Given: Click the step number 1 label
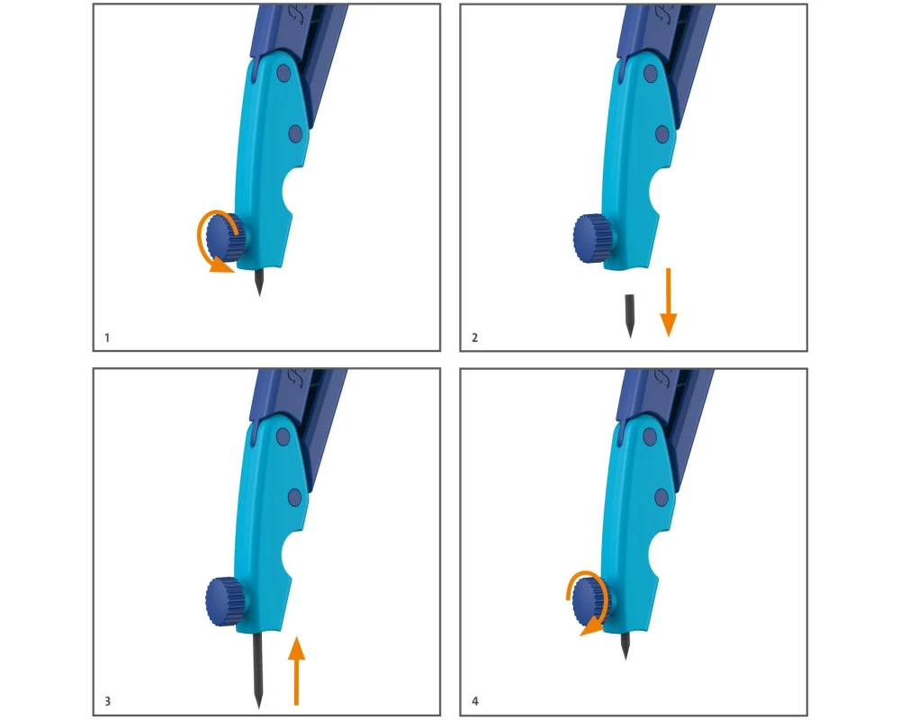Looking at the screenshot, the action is click(107, 337).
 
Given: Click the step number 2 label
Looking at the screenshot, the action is click(474, 337).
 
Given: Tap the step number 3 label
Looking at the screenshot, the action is click(107, 701).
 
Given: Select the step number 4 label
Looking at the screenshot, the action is click(474, 701).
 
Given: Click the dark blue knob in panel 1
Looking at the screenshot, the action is click(224, 237).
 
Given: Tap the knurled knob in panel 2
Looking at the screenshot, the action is click(592, 238).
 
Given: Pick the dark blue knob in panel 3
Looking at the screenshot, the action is click(226, 601).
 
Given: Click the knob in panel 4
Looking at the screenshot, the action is click(591, 602).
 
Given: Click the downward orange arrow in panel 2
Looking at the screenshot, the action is click(668, 301).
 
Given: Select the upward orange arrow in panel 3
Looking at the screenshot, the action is click(296, 670).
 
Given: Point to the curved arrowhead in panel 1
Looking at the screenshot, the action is click(221, 265).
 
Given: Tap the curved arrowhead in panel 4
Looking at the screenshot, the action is click(591, 628).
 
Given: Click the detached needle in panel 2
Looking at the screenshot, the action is click(630, 316).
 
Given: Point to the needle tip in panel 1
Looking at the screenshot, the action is click(259, 296).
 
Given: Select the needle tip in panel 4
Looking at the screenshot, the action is click(625, 659).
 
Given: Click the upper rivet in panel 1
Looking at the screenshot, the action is click(283, 74).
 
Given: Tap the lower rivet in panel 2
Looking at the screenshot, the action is click(661, 134).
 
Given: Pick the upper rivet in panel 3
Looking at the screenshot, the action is click(283, 436).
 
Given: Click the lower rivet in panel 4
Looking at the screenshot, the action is click(661, 497).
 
